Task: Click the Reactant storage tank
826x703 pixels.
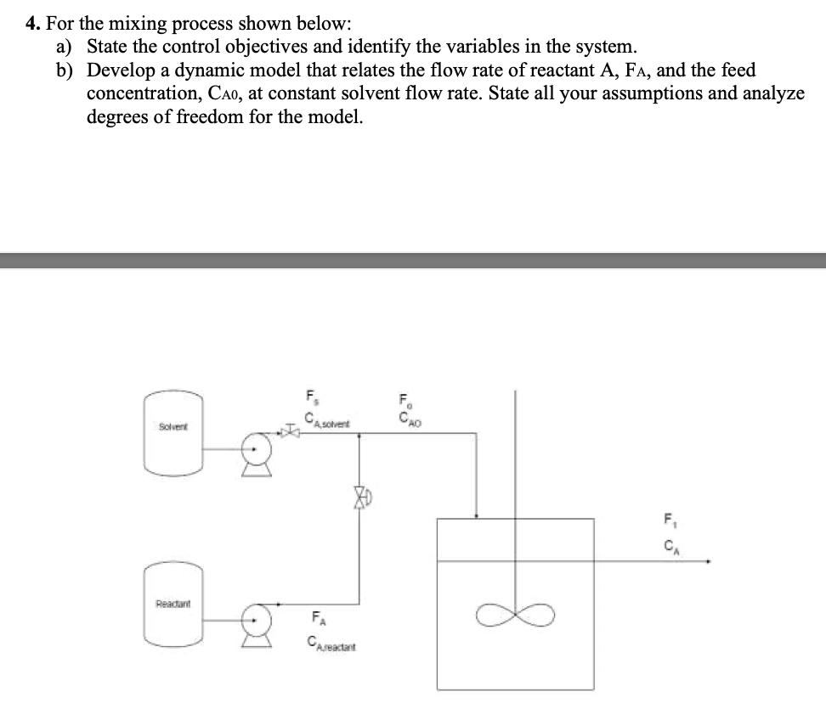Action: [x=175, y=604]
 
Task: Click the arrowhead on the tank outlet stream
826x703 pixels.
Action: [x=707, y=561]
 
